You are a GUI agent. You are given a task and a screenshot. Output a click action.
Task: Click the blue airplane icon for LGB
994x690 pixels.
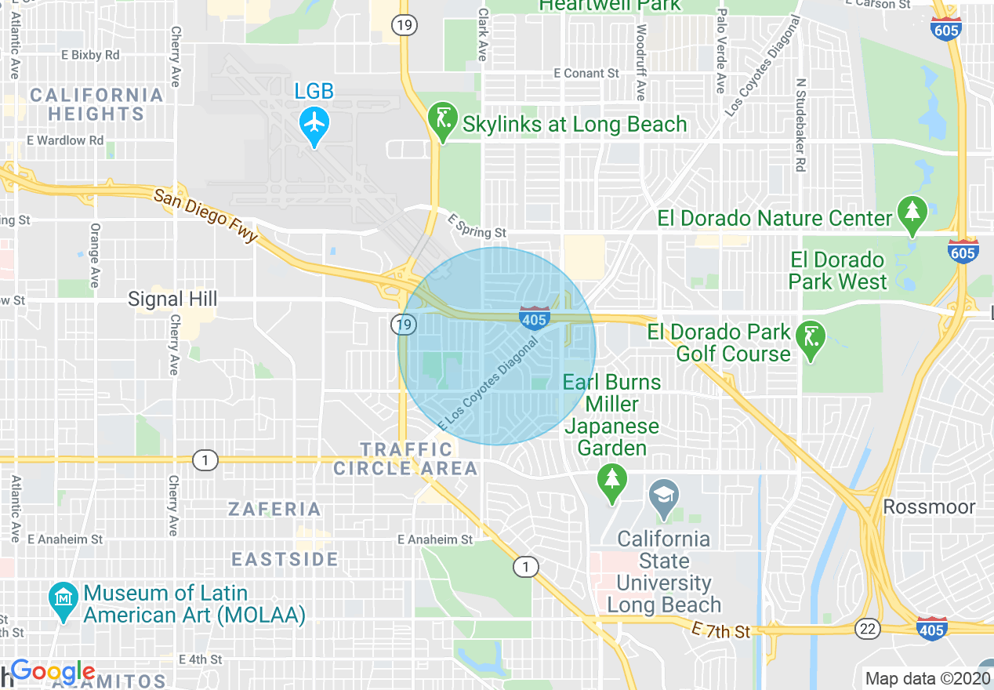click(x=314, y=122)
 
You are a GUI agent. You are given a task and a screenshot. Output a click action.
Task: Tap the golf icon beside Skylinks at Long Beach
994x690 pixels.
click(x=443, y=119)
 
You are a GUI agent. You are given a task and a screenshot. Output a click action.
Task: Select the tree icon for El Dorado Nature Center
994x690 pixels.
click(x=912, y=212)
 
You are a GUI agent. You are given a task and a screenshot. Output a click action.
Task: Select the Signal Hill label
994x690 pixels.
click(x=172, y=299)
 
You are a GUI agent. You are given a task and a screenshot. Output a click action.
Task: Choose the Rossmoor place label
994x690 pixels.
click(x=929, y=507)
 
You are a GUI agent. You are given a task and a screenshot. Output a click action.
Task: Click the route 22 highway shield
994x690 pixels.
click(x=869, y=628)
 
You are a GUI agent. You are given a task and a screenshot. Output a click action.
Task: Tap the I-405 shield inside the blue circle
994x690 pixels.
click(x=534, y=317)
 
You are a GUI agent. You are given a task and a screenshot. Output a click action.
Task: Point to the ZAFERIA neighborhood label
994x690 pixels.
click(x=275, y=509)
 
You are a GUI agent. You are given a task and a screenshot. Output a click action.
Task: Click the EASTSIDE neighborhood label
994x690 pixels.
click(x=285, y=559)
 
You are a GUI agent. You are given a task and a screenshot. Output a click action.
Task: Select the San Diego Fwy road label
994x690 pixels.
click(x=205, y=216)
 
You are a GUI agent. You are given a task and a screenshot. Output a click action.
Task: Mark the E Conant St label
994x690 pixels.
click(x=586, y=73)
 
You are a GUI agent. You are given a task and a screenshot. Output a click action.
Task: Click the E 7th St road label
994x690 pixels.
click(x=722, y=630)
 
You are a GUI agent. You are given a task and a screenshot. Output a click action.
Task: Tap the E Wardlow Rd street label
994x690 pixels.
click(x=65, y=140)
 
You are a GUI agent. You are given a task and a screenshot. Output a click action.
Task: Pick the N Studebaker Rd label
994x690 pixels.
click(x=800, y=125)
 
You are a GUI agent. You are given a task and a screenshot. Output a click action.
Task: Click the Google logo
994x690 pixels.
click(x=53, y=671)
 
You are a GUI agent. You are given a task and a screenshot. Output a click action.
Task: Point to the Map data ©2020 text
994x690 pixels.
click(x=925, y=678)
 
